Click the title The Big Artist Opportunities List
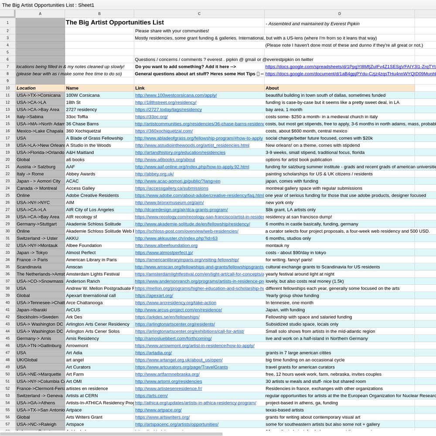click(x=115, y=23)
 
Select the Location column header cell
click(x=26, y=88)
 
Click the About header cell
click(x=272, y=88)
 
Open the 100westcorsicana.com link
click(x=176, y=95)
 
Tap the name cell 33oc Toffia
click(x=77, y=117)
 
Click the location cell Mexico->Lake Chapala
click(x=40, y=131)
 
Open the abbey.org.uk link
click(x=154, y=174)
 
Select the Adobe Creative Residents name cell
click(x=92, y=195)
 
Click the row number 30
click(x=7, y=231)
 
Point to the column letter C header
click(x=199, y=14)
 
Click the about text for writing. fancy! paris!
click(x=289, y=260)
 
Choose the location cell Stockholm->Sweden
click(x=37, y=317)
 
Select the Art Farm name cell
click(x=75, y=374)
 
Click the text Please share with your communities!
click(x=172, y=31)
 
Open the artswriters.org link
click(x=157, y=417)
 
